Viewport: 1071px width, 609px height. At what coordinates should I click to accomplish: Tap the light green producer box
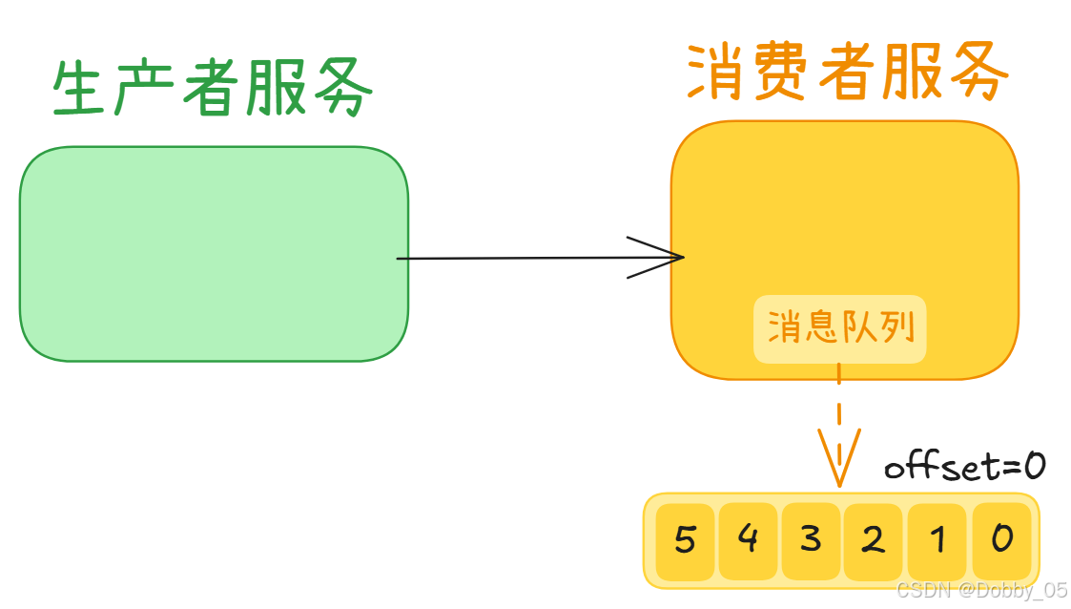pos(214,254)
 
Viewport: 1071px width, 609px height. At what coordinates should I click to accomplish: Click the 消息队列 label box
pos(840,328)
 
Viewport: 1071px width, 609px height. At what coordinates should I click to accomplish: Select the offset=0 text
pos(964,466)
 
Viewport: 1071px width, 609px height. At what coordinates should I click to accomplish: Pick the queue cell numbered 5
pos(685,541)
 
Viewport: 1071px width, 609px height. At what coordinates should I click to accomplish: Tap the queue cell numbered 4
pos(748,541)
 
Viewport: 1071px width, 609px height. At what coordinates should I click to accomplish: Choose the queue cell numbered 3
pos(811,541)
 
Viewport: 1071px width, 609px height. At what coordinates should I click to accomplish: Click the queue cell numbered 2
pos(874,541)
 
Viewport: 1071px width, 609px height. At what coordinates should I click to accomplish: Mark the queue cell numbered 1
pos(937,541)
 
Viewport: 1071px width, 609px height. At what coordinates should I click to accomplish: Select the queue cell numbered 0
pos(1001,541)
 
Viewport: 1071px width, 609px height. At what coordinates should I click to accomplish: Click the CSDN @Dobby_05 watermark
pos(981,590)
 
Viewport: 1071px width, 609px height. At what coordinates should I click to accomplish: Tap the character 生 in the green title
pos(80,90)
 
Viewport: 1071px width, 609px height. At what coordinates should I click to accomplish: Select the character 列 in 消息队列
pos(897,328)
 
